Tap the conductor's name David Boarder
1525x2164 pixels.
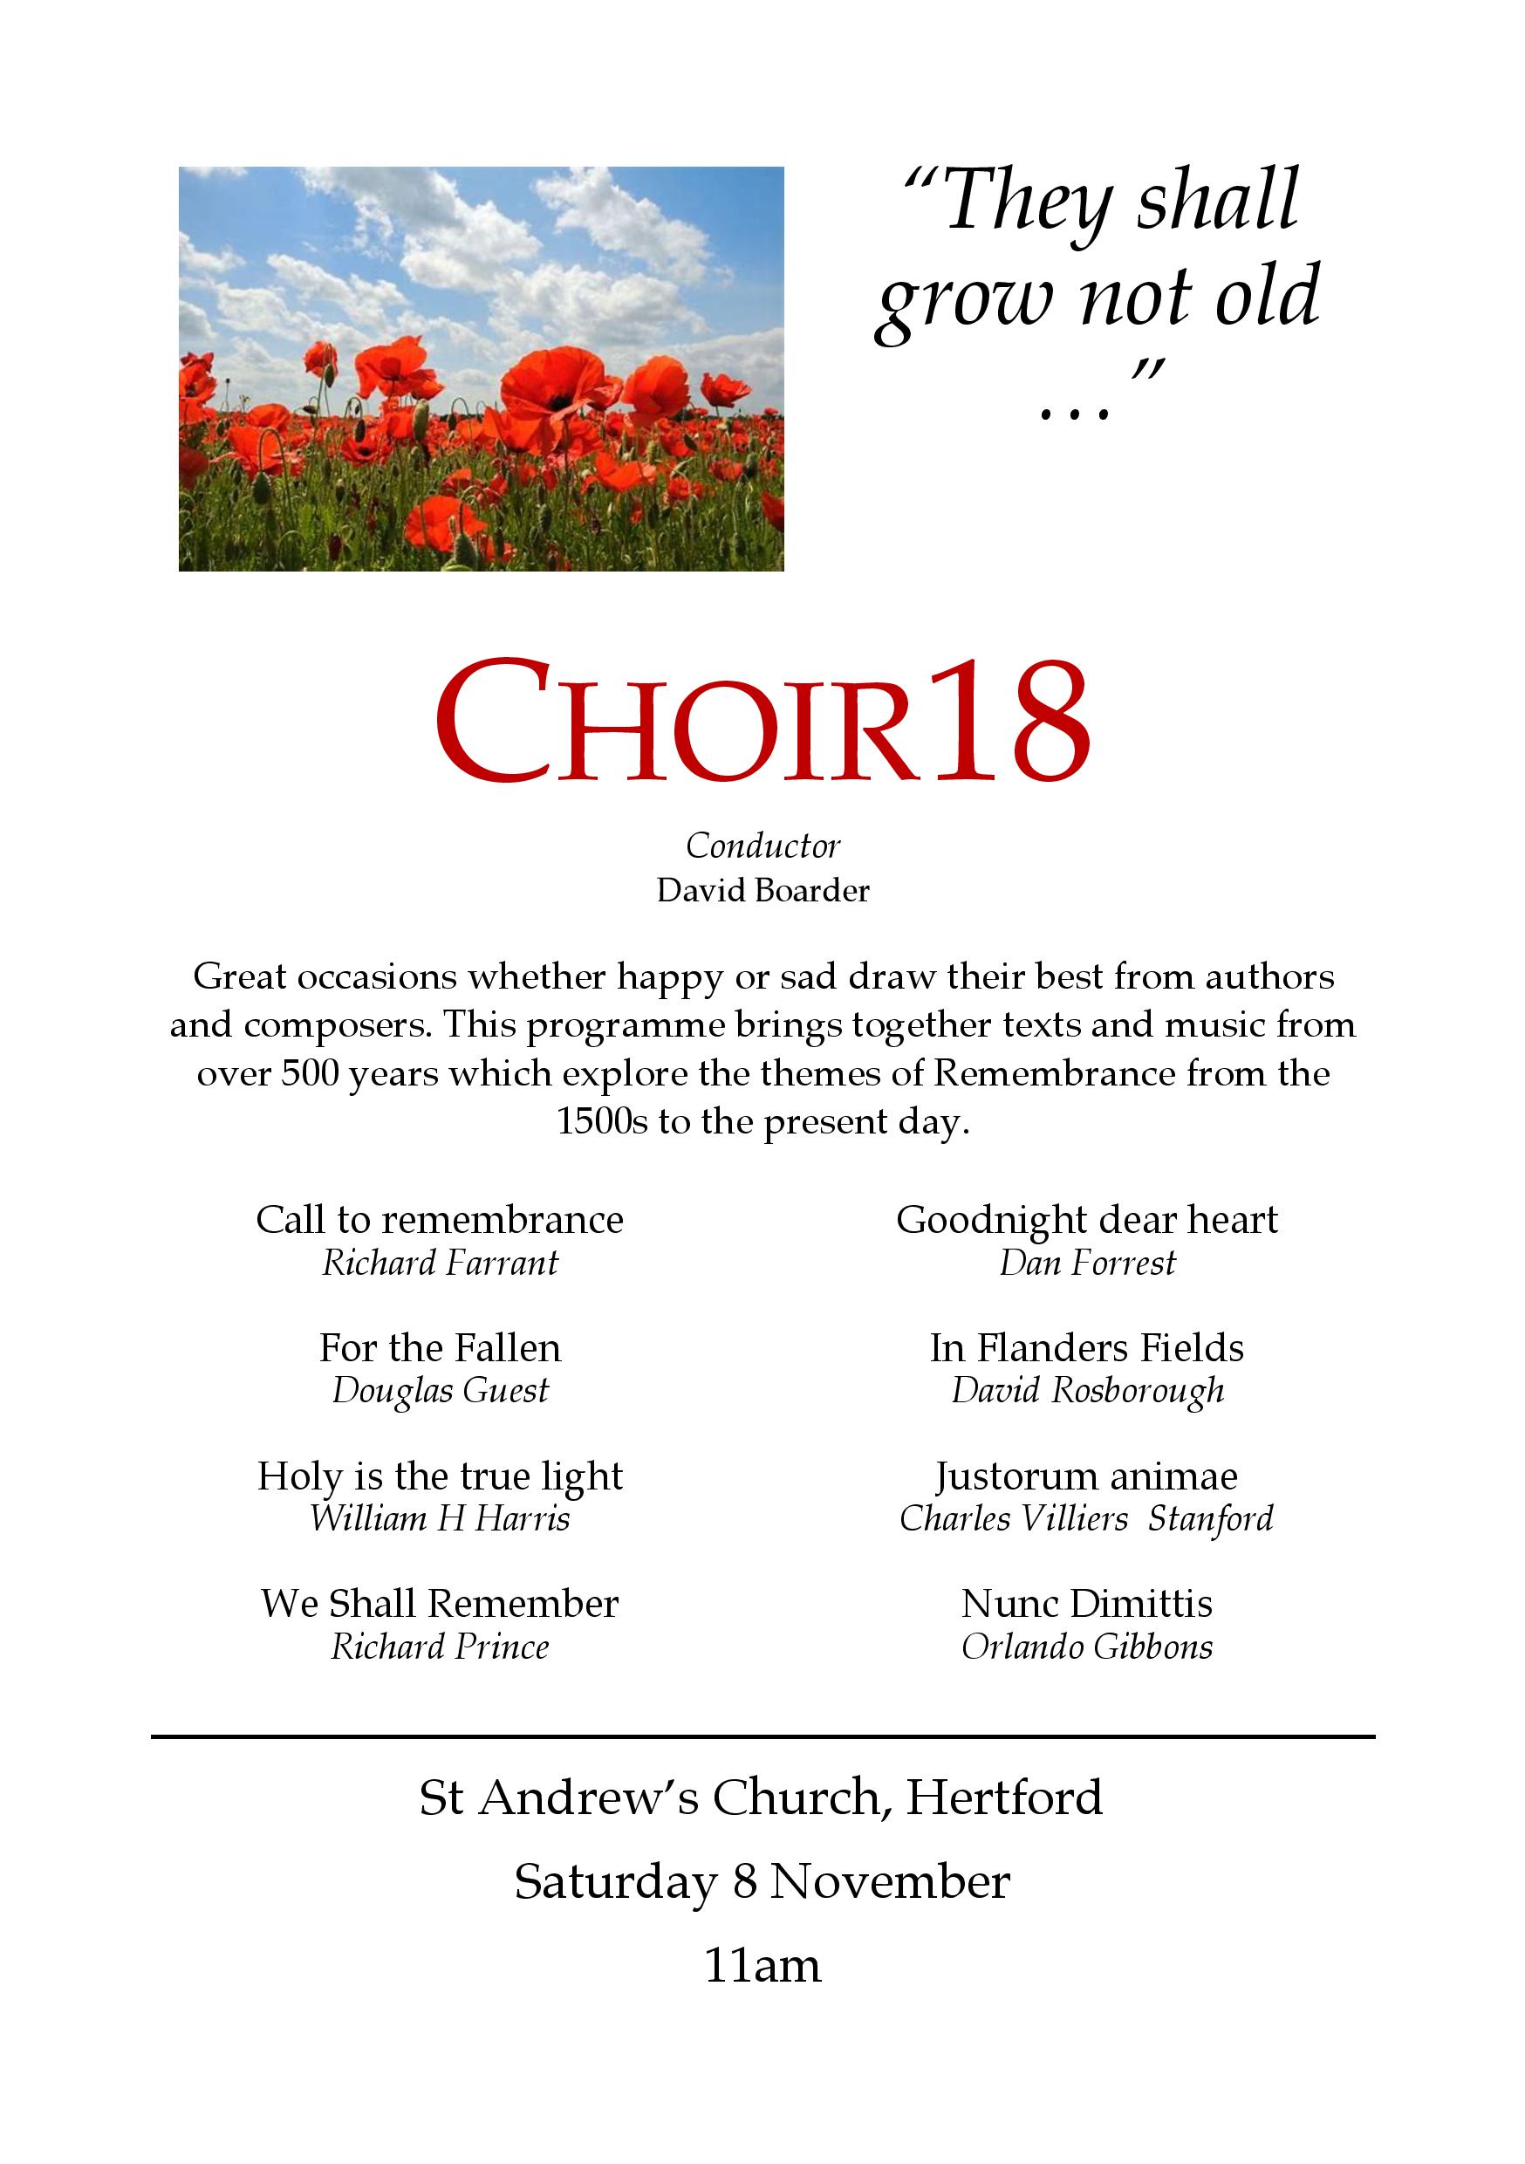762,891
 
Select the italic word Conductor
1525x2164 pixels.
762,846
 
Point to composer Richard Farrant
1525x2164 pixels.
441,1263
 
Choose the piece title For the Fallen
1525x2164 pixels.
441,1348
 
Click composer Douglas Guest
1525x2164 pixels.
441,1391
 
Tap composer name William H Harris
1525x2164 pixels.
441,1518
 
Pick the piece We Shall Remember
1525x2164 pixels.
441,1603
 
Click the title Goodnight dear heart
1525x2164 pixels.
1087,1220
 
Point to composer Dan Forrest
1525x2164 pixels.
1087,1263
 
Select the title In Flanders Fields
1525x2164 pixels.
1087,1348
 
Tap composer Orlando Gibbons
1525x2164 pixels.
1087,1647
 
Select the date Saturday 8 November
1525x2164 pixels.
762,1882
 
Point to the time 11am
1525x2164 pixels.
762,1966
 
